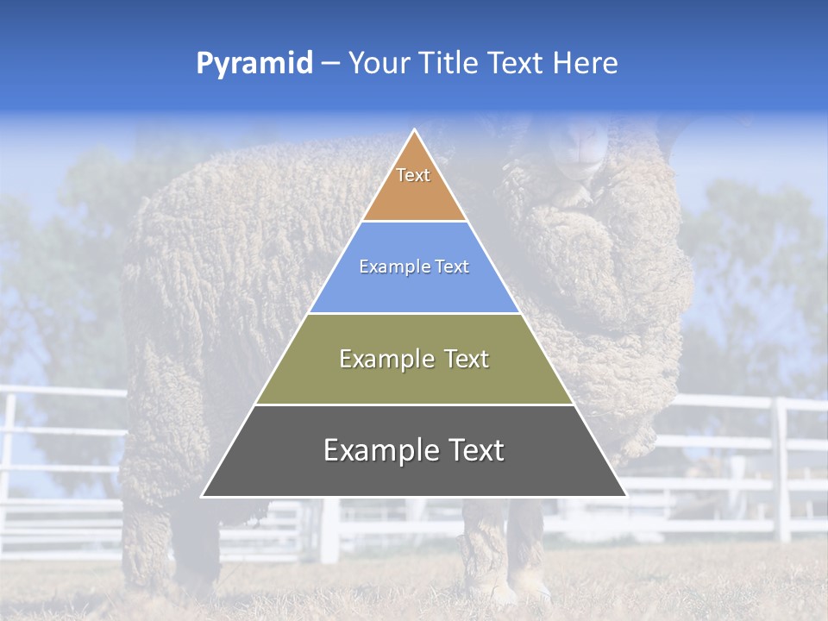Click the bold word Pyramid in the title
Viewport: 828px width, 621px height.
[x=254, y=64]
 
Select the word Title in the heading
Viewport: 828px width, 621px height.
[x=452, y=64]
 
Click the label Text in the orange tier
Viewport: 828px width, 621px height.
[x=413, y=175]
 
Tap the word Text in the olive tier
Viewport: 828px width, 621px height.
[x=467, y=359]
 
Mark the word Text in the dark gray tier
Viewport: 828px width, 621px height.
[x=476, y=450]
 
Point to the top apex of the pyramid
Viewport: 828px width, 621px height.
[x=414, y=130]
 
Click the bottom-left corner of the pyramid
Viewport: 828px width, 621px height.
[x=203, y=496]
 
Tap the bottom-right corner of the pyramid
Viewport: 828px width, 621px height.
[x=625, y=496]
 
